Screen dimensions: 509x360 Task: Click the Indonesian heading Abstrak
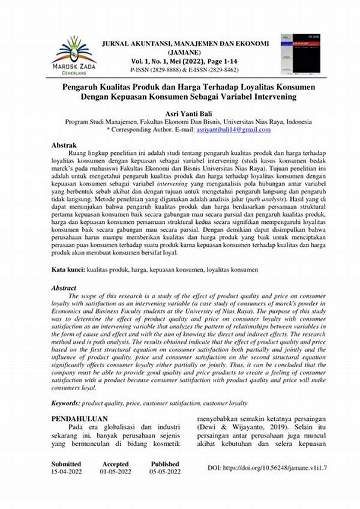pyautogui.click(x=64, y=145)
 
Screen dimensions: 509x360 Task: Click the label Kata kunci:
pyautogui.click(x=68, y=271)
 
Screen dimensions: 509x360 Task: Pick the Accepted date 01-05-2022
pyautogui.click(x=116, y=472)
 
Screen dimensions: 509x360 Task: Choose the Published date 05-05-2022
pyautogui.click(x=165, y=472)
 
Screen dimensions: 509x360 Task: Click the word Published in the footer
pyautogui.click(x=165, y=464)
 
